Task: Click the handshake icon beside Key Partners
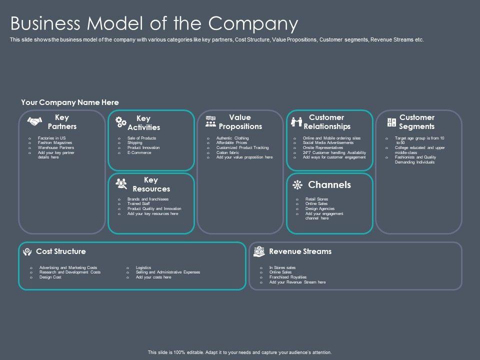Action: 34,122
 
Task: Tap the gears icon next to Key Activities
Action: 121,122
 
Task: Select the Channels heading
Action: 329,185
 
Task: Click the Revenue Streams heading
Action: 300,251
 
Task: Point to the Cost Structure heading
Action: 60,251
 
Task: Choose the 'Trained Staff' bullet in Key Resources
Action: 139,204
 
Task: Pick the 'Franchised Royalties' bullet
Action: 287,277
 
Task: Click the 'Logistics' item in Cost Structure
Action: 143,267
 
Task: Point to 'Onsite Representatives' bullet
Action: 323,148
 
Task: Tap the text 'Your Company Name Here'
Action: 70,102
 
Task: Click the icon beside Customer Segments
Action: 392,122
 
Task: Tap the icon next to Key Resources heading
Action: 121,184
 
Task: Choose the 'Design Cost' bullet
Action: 50,277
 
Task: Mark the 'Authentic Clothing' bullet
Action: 232,138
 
